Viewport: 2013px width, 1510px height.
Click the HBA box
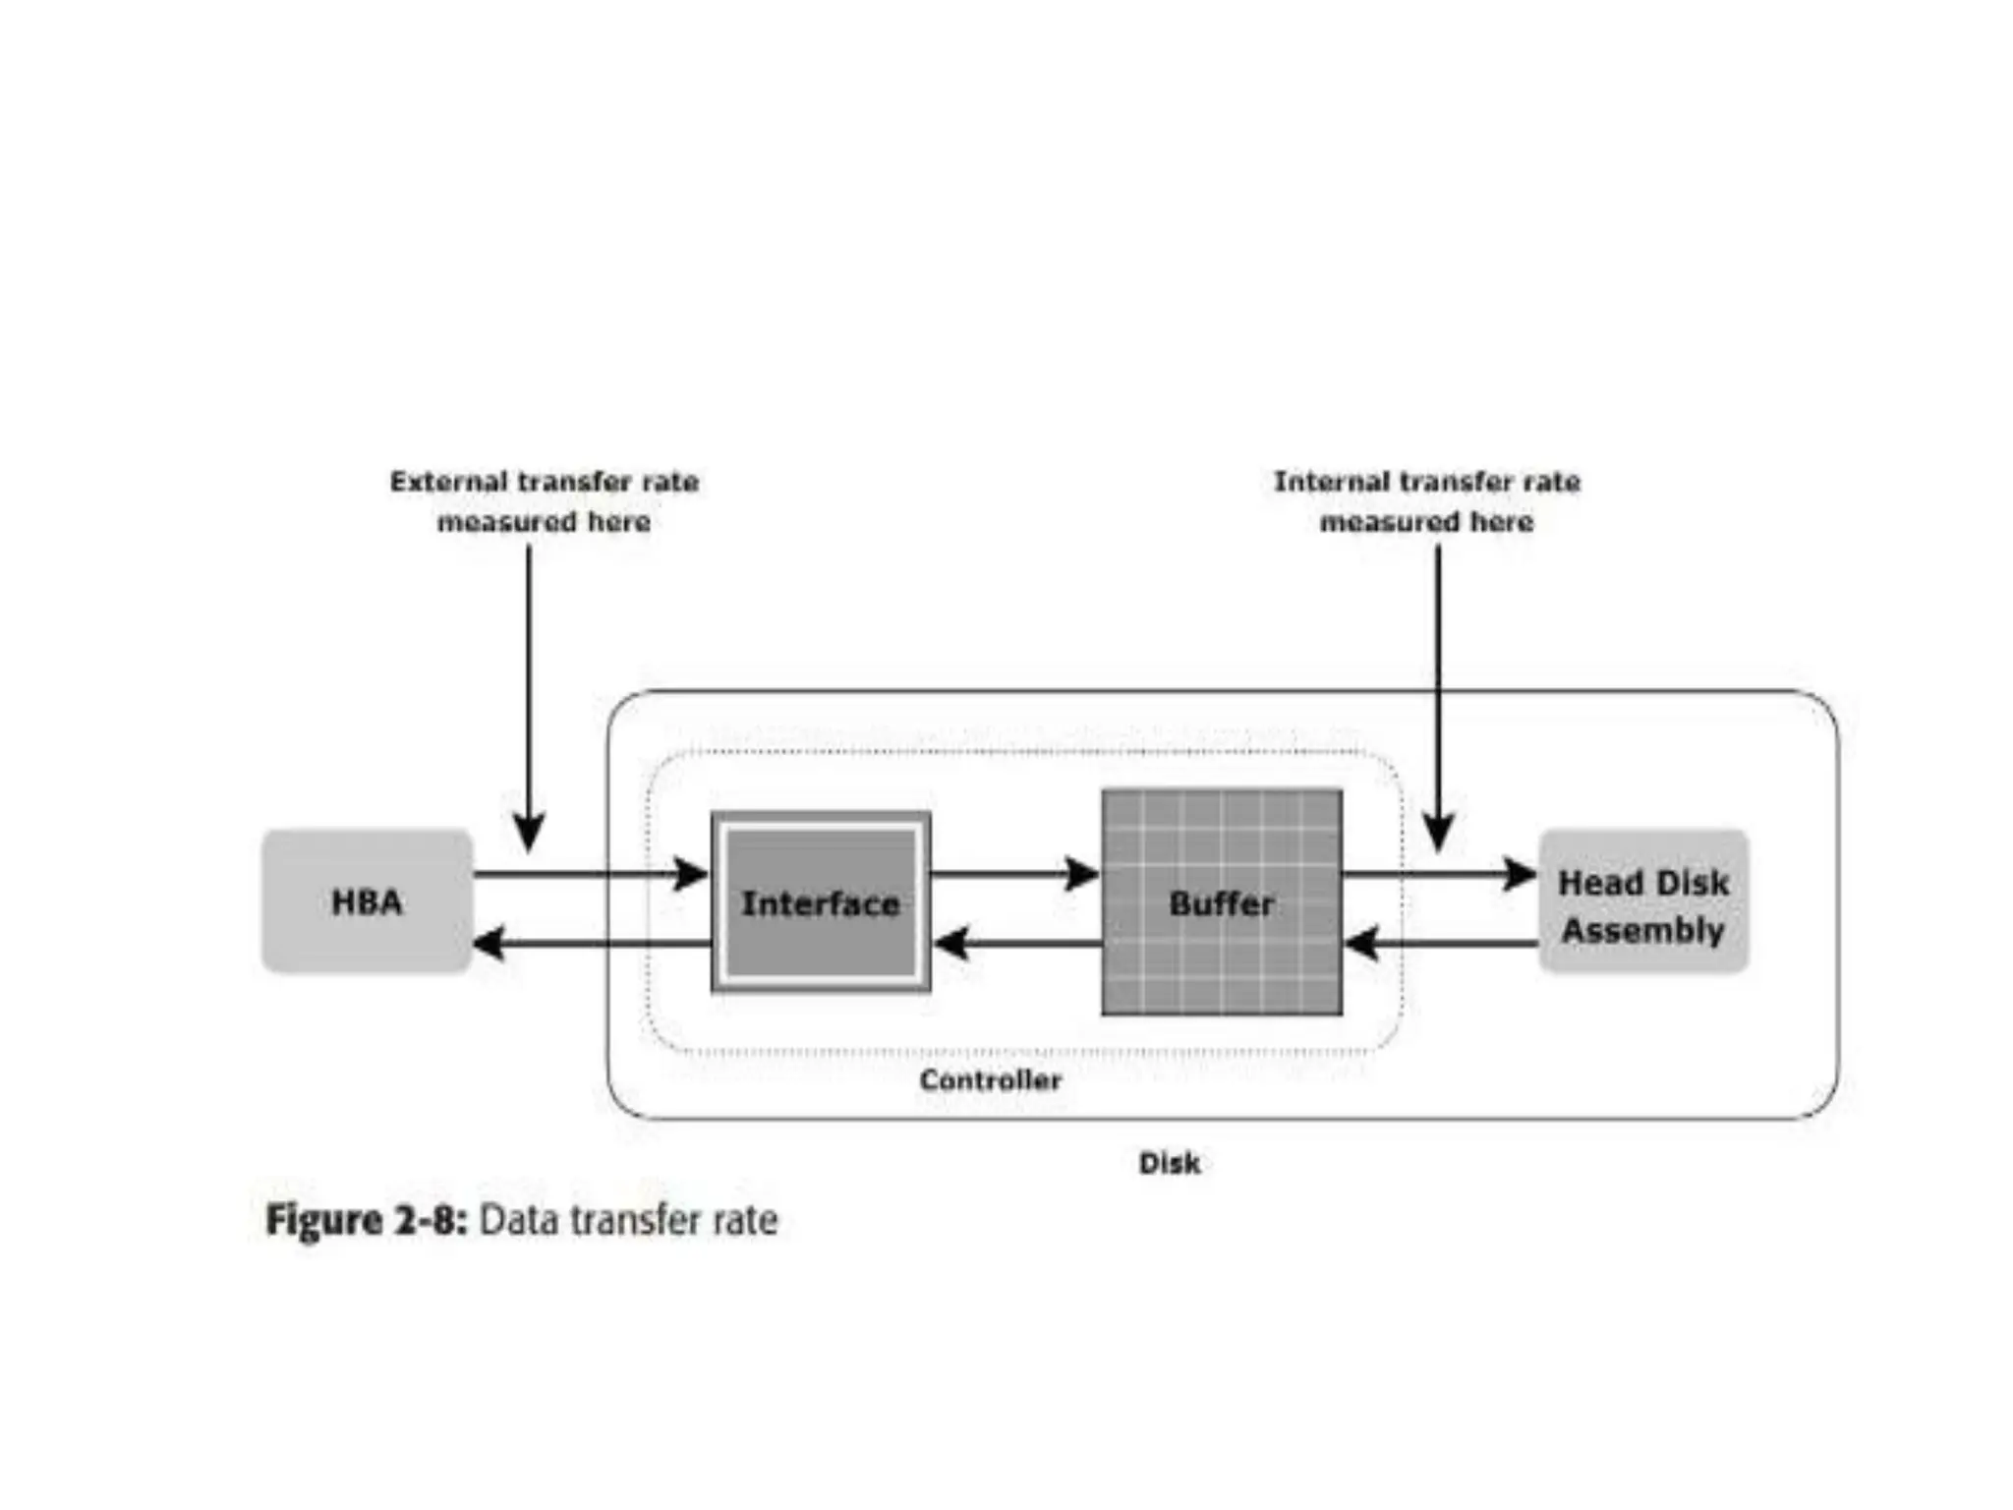coord(367,901)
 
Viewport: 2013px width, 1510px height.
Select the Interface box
coord(821,901)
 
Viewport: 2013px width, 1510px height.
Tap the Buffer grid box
coord(1222,901)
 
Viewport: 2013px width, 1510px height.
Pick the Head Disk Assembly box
coord(1643,901)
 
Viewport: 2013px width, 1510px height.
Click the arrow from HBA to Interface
coord(590,873)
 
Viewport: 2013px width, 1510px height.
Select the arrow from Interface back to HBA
coord(590,944)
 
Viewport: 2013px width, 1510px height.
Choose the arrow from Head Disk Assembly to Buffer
coord(1440,944)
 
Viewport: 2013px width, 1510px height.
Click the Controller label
coord(990,1080)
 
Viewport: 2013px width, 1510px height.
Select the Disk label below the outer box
coord(1169,1163)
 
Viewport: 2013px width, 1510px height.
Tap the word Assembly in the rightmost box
coord(1643,930)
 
